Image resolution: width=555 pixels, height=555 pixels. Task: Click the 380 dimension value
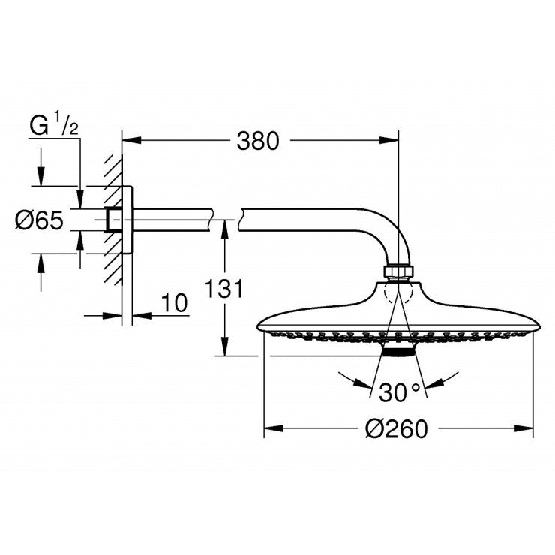[257, 140]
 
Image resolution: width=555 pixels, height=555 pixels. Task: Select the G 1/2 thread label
[53, 125]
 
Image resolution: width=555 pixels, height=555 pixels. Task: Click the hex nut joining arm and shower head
[398, 271]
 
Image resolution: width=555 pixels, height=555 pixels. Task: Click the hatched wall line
[113, 217]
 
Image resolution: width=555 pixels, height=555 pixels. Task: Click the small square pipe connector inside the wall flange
[113, 219]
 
